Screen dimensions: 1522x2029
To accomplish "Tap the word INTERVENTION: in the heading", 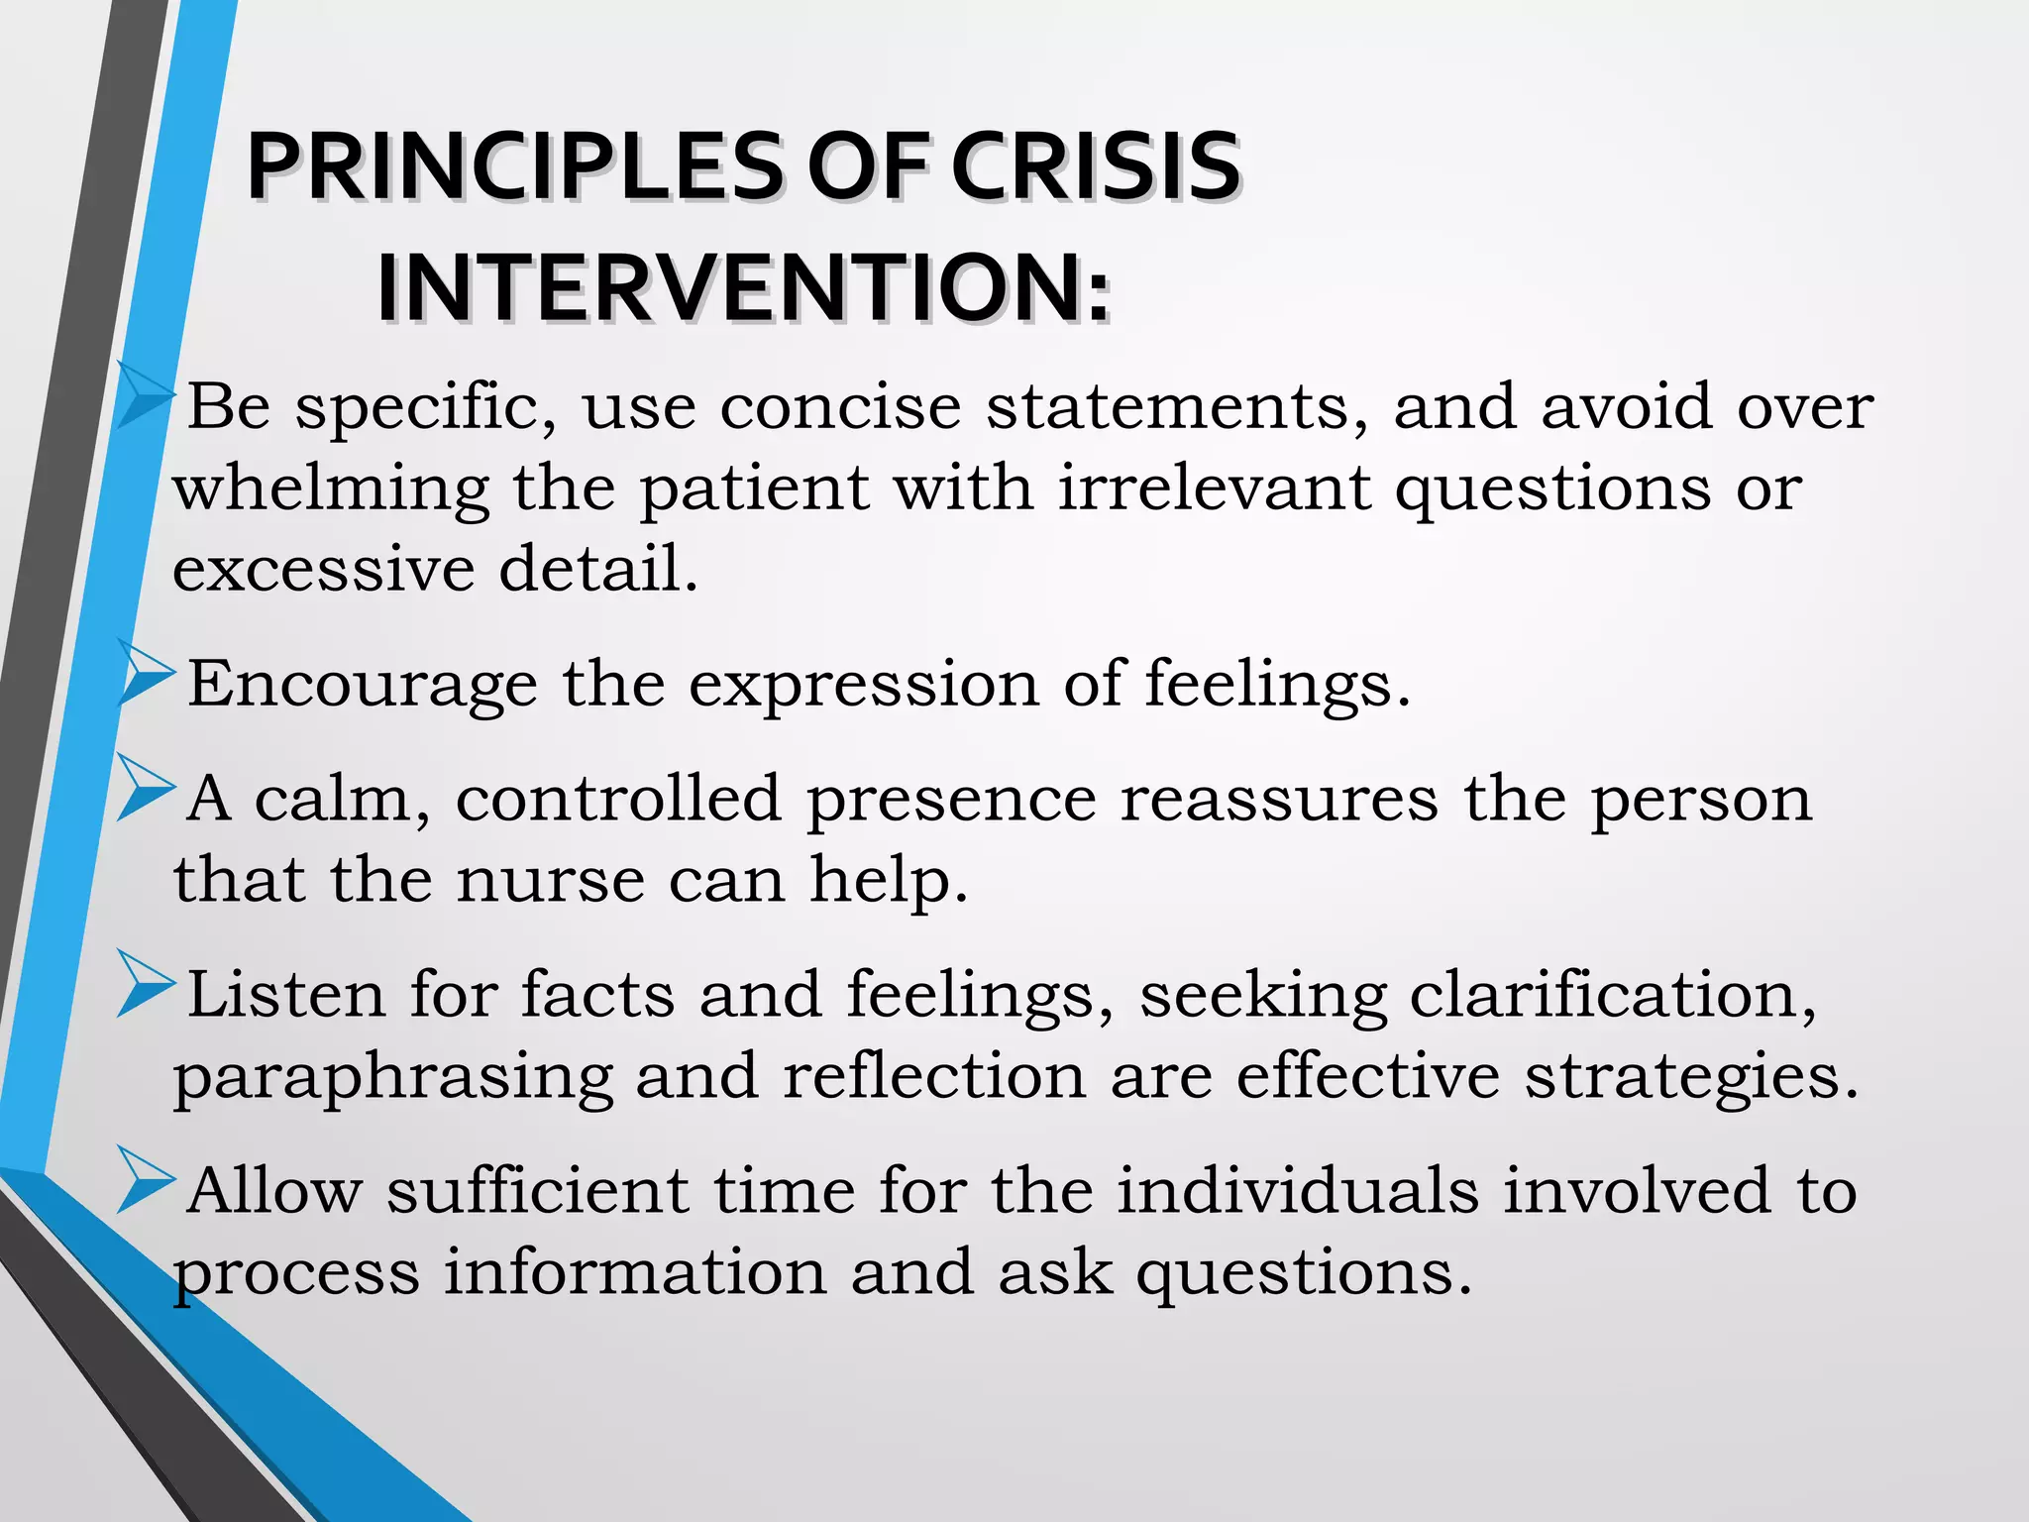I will [x=743, y=288].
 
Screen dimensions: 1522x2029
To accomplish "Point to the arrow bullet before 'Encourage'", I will [x=146, y=674].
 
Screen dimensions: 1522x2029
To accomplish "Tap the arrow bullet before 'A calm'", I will [x=146, y=789].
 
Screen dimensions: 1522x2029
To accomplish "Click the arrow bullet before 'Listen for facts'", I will [x=146, y=985].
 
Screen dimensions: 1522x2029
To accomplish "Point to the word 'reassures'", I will [x=1279, y=799].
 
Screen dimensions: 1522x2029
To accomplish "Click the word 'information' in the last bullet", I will [x=634, y=1272].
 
